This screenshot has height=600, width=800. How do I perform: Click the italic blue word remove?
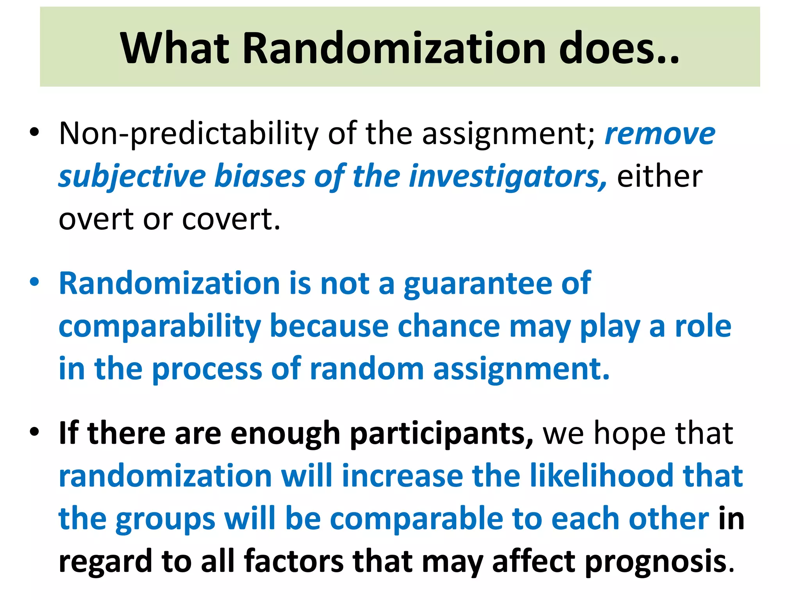[660, 134]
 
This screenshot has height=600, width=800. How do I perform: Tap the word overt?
[96, 219]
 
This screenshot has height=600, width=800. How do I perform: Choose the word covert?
[231, 219]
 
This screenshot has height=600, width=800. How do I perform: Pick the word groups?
[165, 519]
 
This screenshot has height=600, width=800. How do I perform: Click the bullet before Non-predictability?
[34, 132]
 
